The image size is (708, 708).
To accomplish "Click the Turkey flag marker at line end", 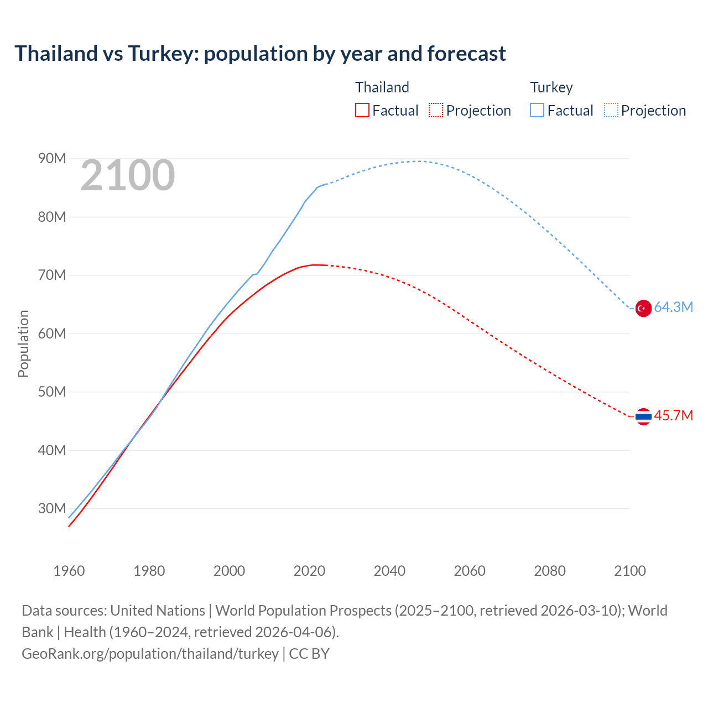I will [643, 308].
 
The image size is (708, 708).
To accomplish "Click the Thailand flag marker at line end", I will [643, 416].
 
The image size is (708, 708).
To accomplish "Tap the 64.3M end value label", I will [673, 308].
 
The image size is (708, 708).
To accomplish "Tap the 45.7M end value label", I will [673, 415].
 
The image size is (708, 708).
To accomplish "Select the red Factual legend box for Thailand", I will [362, 110].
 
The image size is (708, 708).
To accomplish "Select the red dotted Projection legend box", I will [436, 110].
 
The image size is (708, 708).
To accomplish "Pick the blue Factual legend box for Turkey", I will [537, 110].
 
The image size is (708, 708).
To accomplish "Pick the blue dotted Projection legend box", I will [611, 110].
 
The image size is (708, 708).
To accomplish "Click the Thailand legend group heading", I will [382, 87].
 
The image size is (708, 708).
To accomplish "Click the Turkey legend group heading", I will [551, 87].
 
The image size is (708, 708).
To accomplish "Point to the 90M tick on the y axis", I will [52, 159].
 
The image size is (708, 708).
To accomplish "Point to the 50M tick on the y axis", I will [52, 392].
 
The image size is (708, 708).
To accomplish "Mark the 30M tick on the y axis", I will [52, 508].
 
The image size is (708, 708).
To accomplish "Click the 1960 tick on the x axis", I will [69, 571].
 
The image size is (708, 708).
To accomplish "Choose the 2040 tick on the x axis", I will [389, 571].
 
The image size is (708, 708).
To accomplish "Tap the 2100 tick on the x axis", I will [629, 571].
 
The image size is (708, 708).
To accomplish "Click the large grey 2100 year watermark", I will [128, 176].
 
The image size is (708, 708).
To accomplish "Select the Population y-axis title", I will [23, 343].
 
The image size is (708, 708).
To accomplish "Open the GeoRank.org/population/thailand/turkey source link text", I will [150, 654].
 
